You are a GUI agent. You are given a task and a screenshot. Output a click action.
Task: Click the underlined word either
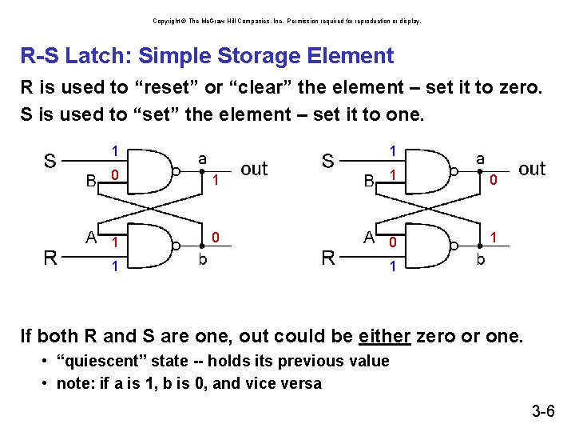(x=385, y=335)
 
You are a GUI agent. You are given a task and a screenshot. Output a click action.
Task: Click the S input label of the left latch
(x=50, y=162)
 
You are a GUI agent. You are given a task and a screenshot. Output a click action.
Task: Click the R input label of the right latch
(x=327, y=258)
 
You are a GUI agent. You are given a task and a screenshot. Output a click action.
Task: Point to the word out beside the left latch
(x=254, y=169)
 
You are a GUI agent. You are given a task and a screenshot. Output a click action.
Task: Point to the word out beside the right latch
(x=532, y=169)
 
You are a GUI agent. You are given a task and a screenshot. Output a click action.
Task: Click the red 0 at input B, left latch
(x=115, y=175)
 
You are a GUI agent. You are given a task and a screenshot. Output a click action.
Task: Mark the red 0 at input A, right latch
(x=392, y=242)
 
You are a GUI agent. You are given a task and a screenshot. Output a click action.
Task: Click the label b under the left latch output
(x=203, y=260)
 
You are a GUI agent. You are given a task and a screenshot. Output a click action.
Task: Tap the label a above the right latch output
(x=480, y=160)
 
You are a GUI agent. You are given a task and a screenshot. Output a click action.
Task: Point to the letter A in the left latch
(x=92, y=237)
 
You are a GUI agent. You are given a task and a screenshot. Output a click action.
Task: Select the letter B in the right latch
(x=369, y=181)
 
